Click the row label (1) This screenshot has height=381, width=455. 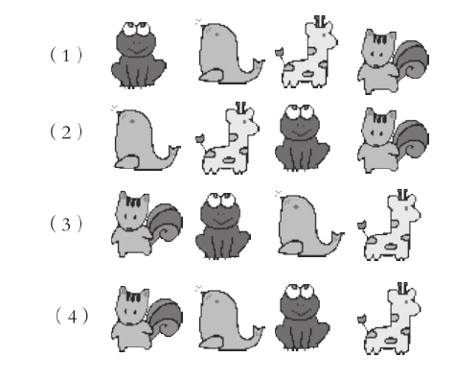click(x=66, y=56)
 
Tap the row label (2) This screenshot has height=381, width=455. click(x=66, y=132)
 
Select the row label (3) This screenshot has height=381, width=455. click(x=66, y=224)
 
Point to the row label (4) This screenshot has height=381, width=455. click(x=72, y=317)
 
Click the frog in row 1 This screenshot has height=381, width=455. click(x=139, y=55)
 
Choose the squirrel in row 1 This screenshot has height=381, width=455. click(x=393, y=61)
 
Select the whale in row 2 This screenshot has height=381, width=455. click(x=146, y=138)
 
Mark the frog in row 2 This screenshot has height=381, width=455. click(x=302, y=137)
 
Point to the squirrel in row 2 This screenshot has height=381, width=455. click(x=393, y=141)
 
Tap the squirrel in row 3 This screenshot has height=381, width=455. click(x=147, y=225)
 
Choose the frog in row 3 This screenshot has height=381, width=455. click(x=223, y=226)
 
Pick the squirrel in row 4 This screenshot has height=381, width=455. click(x=147, y=320)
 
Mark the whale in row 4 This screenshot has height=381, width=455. click(x=230, y=319)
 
